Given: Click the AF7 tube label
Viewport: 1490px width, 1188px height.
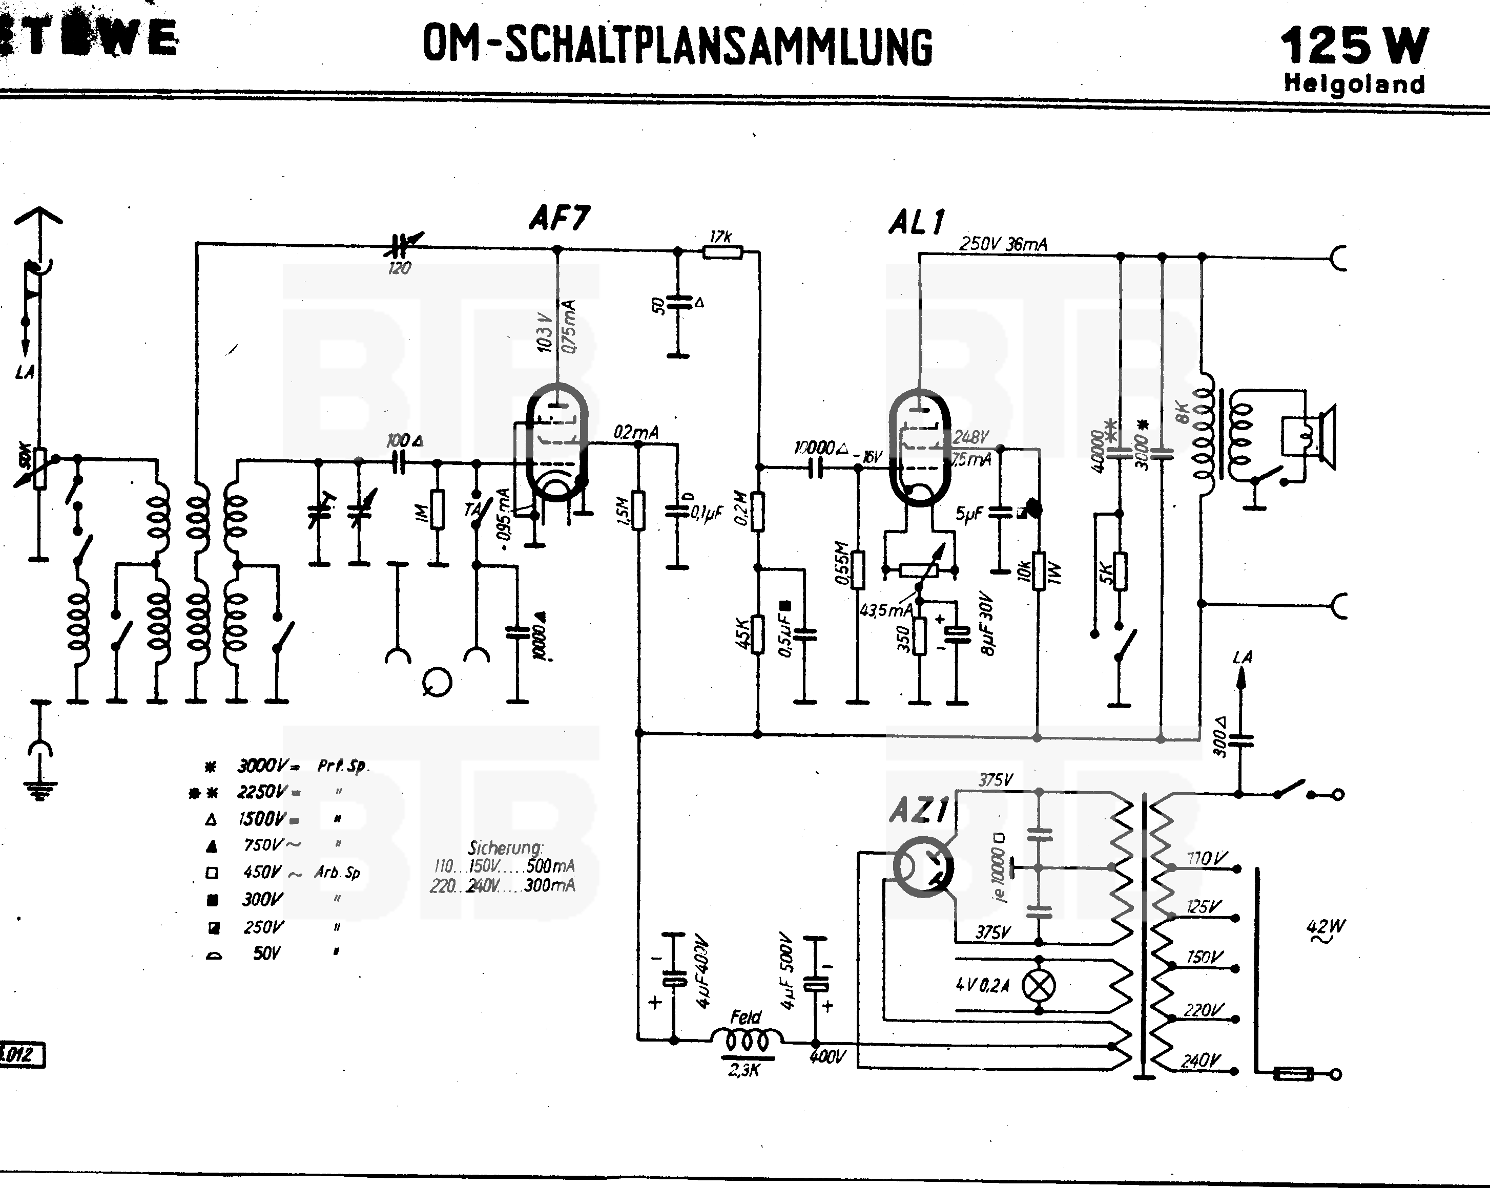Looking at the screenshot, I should pyautogui.click(x=559, y=218).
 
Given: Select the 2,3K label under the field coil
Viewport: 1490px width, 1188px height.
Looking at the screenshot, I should pyautogui.click(x=744, y=1070).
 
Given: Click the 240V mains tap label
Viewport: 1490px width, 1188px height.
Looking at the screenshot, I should pyautogui.click(x=1201, y=1060).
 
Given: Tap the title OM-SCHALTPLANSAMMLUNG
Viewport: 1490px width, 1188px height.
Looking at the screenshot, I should pyautogui.click(x=677, y=46).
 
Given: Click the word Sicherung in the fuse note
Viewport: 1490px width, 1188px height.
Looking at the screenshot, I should pyautogui.click(x=505, y=847).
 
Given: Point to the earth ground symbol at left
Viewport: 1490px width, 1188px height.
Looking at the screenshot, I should pyautogui.click(x=41, y=788).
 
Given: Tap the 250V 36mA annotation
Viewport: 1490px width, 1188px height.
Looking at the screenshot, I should pyautogui.click(x=1003, y=244).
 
